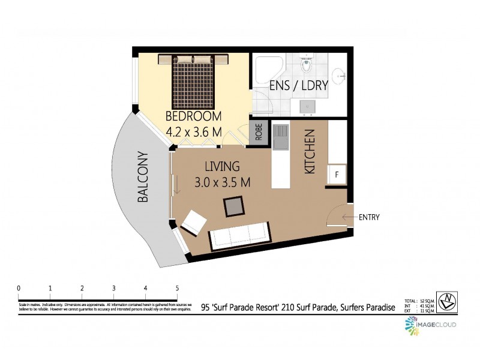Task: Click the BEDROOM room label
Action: click(193, 116)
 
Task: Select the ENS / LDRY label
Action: click(298, 85)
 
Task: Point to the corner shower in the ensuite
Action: click(266, 70)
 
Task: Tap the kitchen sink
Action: click(280, 137)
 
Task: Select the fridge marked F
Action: click(337, 175)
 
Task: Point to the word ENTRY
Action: click(369, 217)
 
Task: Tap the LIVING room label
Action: click(221, 167)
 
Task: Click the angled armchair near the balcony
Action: click(193, 223)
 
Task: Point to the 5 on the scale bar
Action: click(177, 288)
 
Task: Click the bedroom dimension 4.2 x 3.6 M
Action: click(193, 129)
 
